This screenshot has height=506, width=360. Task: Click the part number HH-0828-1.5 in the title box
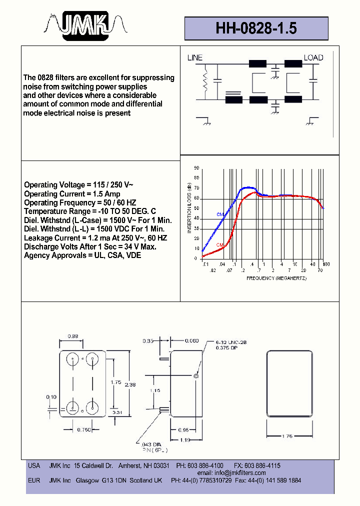[256, 28]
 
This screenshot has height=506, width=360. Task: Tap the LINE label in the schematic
[195, 58]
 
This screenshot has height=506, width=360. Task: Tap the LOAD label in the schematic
[313, 58]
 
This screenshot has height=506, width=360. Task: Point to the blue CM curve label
[219, 214]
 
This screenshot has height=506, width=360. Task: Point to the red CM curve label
[219, 244]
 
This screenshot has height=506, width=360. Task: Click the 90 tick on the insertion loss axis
[196, 168]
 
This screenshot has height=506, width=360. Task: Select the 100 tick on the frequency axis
[325, 264]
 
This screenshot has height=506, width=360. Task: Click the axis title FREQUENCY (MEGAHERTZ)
[276, 278]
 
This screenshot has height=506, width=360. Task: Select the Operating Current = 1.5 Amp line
[72, 194]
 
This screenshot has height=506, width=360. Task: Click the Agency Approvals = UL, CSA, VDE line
[82, 255]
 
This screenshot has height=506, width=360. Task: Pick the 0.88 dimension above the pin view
[72, 336]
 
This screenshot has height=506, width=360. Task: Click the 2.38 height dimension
[129, 385]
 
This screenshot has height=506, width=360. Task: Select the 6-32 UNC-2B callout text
[231, 342]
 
